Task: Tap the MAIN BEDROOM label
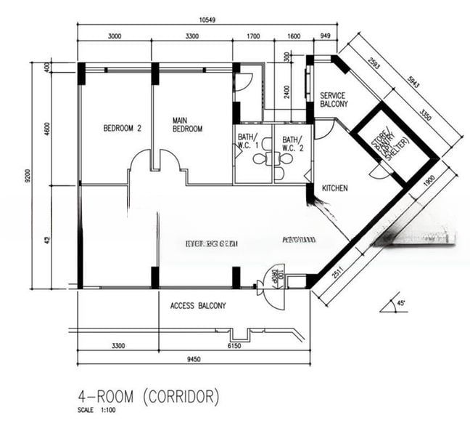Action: click(x=186, y=124)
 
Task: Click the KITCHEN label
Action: click(x=335, y=188)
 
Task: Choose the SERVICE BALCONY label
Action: click(x=334, y=100)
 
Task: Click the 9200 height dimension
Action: click(x=28, y=175)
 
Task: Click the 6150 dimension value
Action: click(x=232, y=346)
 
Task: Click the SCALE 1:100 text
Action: click(x=96, y=411)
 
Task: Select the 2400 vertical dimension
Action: click(x=287, y=92)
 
